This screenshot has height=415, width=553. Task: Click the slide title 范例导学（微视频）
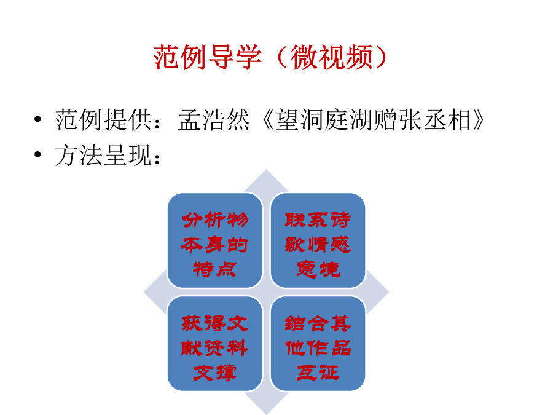(271, 58)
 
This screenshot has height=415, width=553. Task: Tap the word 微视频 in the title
(331, 58)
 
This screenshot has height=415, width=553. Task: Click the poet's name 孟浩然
(214, 120)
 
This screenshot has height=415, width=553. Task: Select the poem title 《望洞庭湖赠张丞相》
(374, 120)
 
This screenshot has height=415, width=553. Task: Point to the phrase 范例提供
(103, 120)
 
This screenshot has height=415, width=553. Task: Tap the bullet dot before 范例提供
(37, 119)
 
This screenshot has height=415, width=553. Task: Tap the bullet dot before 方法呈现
(37, 154)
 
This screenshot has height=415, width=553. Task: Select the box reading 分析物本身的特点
(215, 240)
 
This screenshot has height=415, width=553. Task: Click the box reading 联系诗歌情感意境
(318, 240)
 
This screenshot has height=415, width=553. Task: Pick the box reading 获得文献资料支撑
(215, 343)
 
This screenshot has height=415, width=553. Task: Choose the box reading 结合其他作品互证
(318, 343)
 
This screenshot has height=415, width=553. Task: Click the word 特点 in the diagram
(215, 269)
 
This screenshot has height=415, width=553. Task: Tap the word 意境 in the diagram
(318, 269)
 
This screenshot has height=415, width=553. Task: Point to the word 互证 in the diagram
(318, 373)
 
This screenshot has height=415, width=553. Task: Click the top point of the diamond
(266, 170)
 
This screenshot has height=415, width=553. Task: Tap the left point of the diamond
(144, 292)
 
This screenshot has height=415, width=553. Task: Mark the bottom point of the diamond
(266, 414)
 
